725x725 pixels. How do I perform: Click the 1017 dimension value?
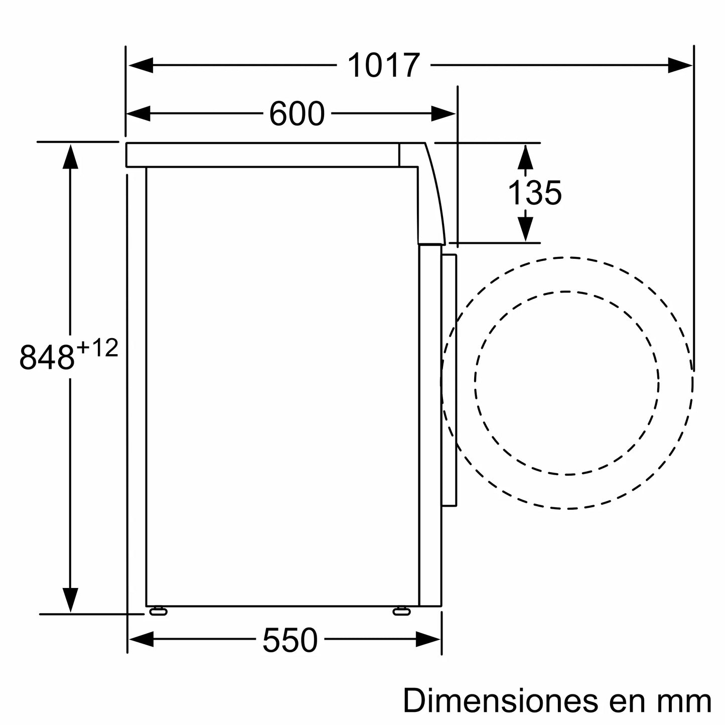(x=383, y=66)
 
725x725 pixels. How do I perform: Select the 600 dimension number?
(x=297, y=114)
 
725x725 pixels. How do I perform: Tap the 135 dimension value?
(x=534, y=193)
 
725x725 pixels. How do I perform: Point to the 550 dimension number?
(x=290, y=640)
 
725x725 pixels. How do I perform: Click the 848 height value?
(x=47, y=357)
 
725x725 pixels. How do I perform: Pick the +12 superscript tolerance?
(x=98, y=348)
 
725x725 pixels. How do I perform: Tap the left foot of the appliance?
(x=158, y=611)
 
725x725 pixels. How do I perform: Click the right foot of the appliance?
(x=401, y=611)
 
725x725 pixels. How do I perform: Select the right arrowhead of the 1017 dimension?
(x=680, y=65)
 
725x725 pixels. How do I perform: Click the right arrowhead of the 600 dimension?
(x=443, y=114)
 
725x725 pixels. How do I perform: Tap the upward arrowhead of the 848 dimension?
(x=70, y=157)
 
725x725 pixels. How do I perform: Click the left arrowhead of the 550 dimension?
(x=141, y=639)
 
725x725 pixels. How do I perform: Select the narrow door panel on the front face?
(x=449, y=380)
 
